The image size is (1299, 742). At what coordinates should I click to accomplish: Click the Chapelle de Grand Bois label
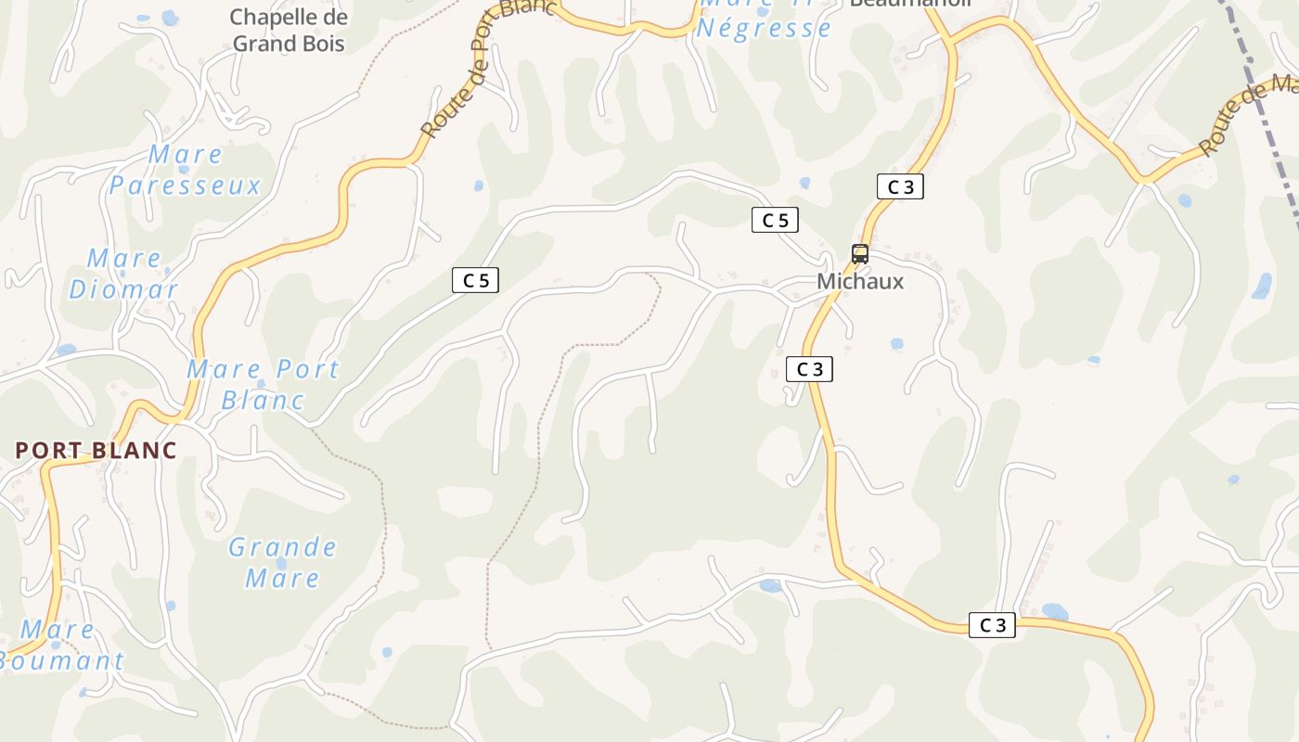[289, 31]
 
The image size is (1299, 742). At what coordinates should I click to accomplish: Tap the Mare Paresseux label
[186, 170]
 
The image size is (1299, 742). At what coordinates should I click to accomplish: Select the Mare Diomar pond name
[124, 274]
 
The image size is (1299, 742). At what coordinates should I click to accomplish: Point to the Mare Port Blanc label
[264, 384]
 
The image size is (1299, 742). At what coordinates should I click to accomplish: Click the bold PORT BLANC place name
[96, 451]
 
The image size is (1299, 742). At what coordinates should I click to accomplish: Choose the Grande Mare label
[283, 562]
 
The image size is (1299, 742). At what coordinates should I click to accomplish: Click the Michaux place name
[860, 282]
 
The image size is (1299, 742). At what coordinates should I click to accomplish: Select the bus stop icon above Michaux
[860, 254]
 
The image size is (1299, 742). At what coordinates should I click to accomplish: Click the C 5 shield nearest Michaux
[775, 220]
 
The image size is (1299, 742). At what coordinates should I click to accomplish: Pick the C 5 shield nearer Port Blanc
[476, 280]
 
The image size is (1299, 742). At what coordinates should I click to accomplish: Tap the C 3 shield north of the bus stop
[900, 186]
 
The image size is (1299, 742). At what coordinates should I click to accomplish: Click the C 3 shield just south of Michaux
[810, 369]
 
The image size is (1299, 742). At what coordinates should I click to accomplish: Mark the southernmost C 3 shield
[992, 625]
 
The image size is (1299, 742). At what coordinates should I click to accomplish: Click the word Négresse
[764, 28]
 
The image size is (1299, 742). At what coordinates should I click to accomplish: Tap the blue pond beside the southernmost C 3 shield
[1054, 612]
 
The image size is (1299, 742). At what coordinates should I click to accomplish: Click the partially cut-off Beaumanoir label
[910, 5]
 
